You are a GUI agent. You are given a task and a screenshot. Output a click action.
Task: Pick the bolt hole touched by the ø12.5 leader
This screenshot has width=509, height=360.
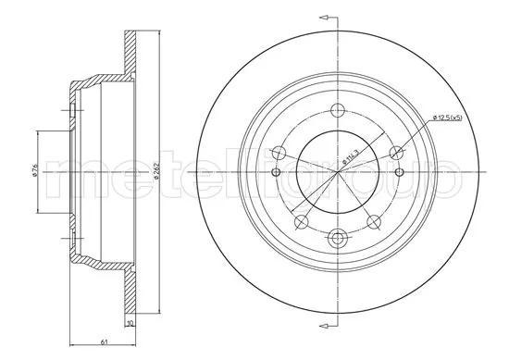397,152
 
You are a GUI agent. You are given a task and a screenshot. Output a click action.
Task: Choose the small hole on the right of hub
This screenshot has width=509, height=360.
400,172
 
